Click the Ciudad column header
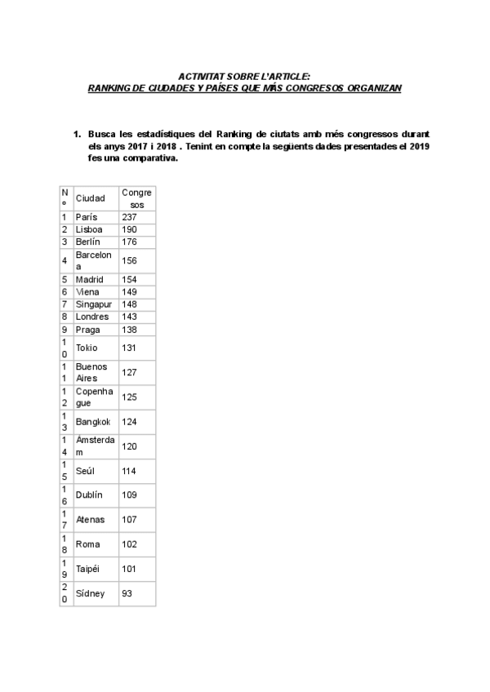[x=90, y=198]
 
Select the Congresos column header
[x=136, y=198]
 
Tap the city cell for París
[x=87, y=217]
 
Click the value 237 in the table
[x=129, y=217]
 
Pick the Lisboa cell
[x=89, y=229]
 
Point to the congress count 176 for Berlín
[x=129, y=242]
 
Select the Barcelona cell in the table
[x=93, y=260]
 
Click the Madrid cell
[x=90, y=279]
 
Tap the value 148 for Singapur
[x=129, y=304]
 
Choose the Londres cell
[x=91, y=317]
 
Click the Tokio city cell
[x=87, y=348]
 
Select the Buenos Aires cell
[x=91, y=373]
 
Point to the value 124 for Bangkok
[x=129, y=422]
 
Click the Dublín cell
[x=89, y=495]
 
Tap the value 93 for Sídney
[x=127, y=594]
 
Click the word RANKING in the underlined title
[x=109, y=88]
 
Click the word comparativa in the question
[x=148, y=159]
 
